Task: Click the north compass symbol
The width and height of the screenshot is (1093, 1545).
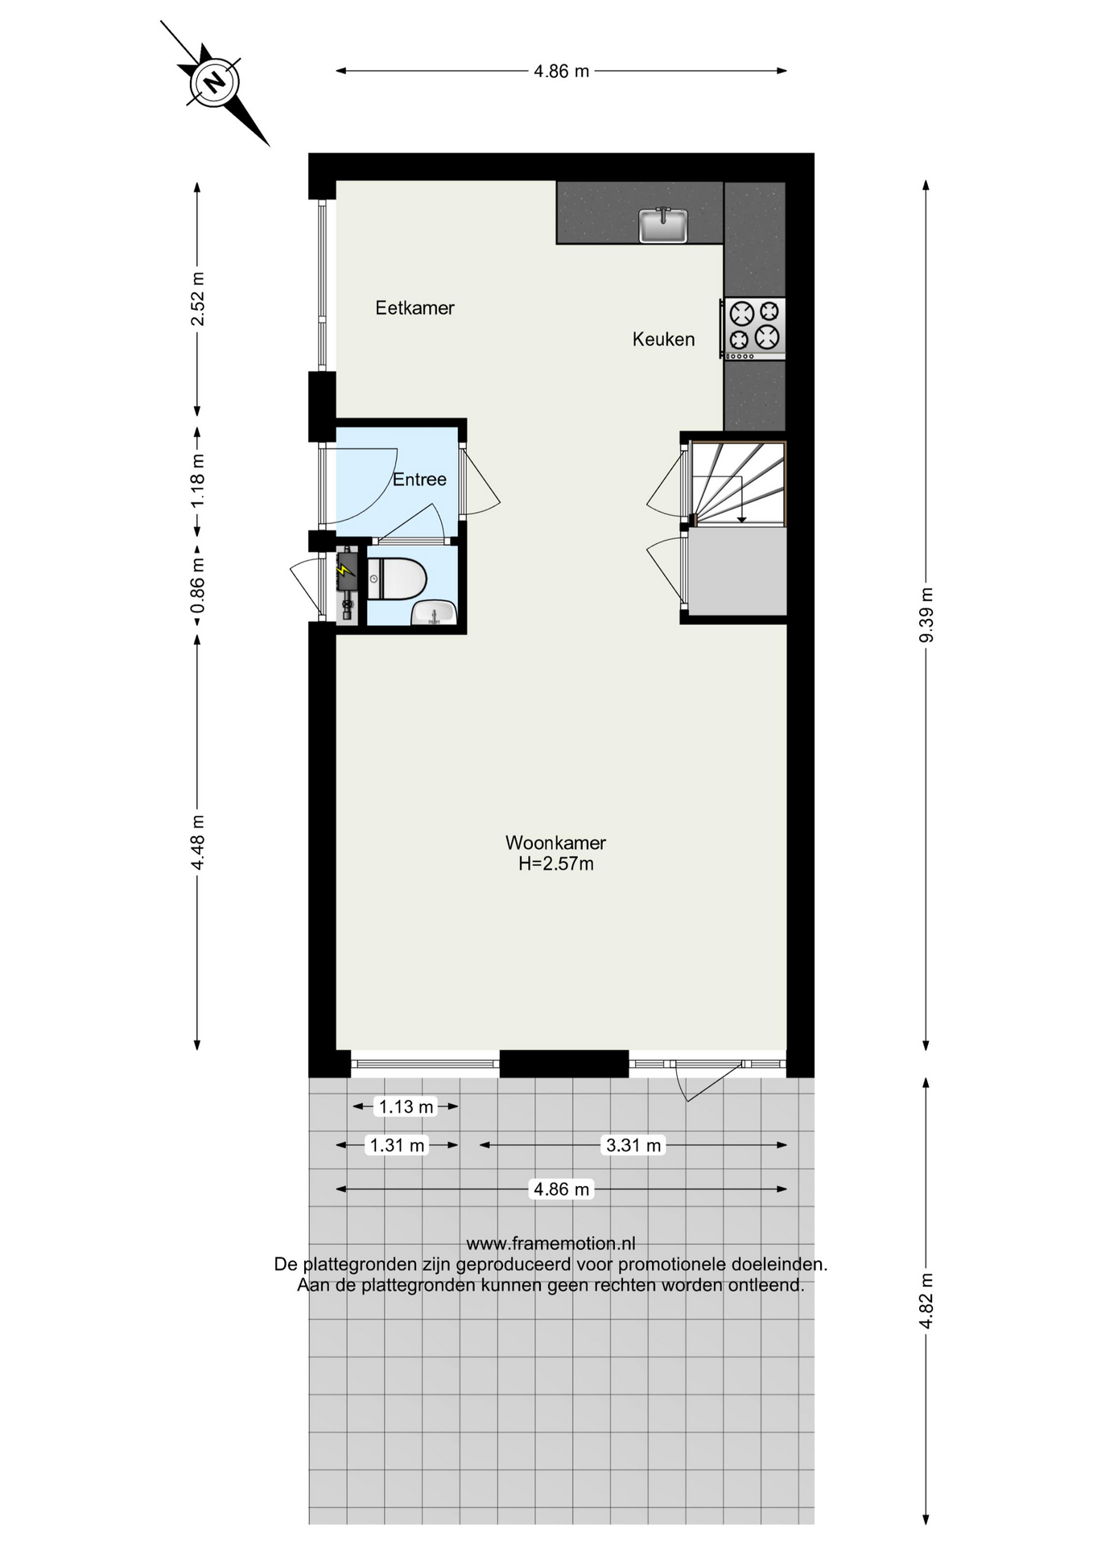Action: coord(214,83)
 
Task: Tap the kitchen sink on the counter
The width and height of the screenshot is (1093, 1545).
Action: coord(663,225)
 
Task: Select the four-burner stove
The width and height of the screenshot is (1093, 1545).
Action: coord(754,328)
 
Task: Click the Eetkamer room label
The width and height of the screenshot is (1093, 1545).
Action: coord(415,307)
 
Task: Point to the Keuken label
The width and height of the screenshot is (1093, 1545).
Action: coord(663,339)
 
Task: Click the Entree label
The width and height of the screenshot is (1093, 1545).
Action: coord(419,479)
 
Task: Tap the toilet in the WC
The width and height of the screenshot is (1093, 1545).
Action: coord(396,579)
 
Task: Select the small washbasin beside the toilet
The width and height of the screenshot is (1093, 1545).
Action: coord(435,613)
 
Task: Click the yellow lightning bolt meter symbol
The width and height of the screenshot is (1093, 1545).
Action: coord(345,570)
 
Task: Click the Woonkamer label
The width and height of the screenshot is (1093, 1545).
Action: coord(555,843)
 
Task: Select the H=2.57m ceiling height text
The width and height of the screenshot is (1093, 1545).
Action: coord(556,864)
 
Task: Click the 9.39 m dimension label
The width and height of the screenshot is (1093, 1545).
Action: coord(926,615)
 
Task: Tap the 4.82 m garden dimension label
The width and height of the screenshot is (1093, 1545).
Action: coord(926,1301)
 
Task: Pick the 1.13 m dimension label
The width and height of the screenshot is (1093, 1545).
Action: coord(406,1106)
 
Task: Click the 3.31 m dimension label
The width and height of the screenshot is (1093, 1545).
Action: coord(633,1145)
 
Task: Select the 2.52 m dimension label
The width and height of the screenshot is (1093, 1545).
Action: coord(197,299)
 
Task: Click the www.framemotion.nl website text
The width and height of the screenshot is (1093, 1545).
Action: coord(551,1243)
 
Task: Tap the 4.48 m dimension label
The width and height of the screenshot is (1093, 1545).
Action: coord(197,842)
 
